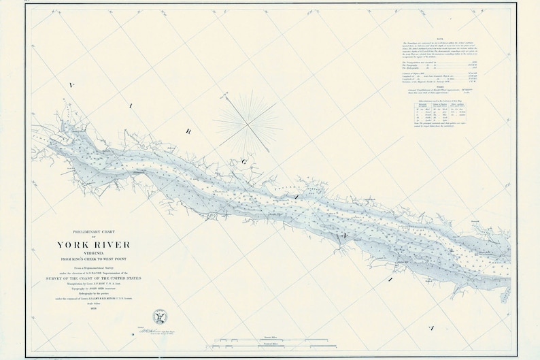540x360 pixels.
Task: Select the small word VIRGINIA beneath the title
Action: pos(91,255)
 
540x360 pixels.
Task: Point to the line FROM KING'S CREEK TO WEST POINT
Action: pos(91,260)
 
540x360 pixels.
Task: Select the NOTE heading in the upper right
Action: pos(443,39)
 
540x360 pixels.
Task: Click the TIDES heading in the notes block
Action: pos(443,86)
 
